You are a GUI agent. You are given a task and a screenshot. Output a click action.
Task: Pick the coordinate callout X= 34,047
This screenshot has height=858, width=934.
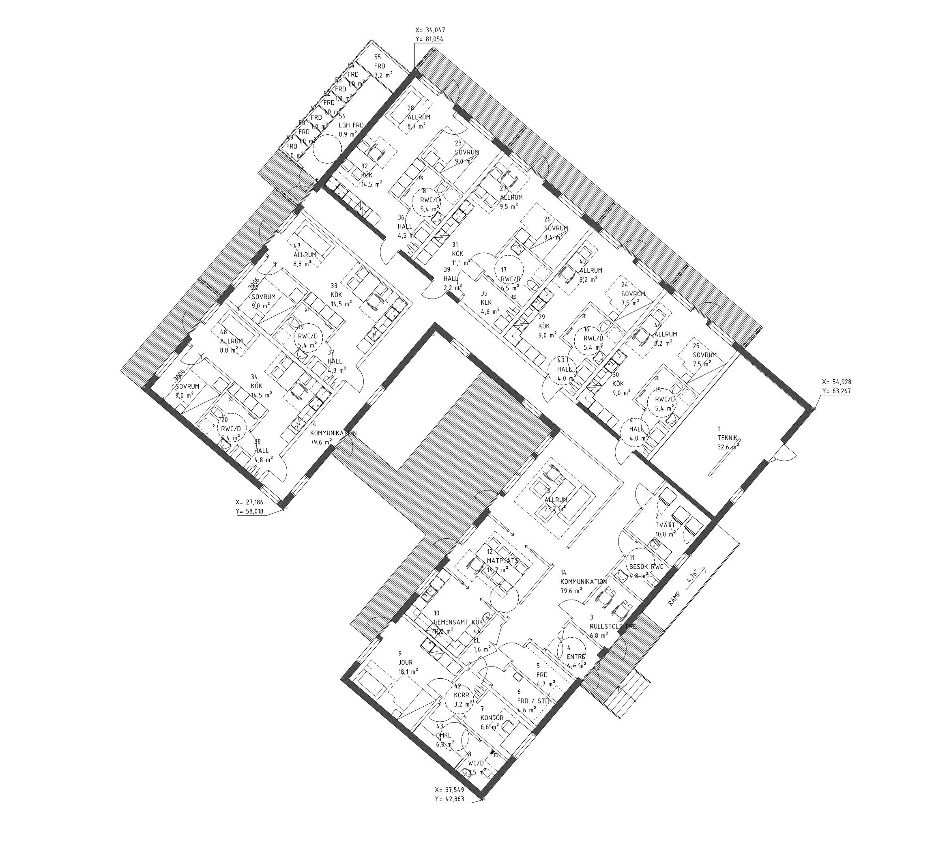tap(430, 33)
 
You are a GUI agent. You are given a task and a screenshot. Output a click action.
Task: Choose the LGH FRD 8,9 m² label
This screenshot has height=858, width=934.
tap(350, 125)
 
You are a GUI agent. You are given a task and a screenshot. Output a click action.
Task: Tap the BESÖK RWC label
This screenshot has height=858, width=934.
tap(646, 567)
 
